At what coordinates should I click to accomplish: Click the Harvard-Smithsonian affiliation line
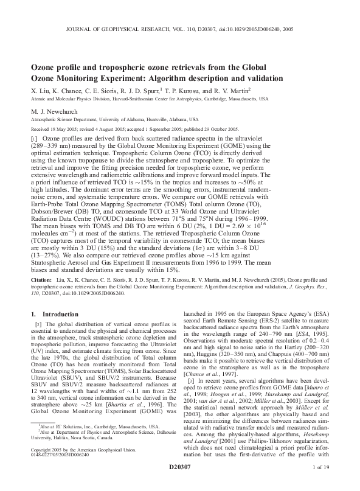pos(150,98)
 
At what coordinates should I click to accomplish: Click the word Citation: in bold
pos(42,280)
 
